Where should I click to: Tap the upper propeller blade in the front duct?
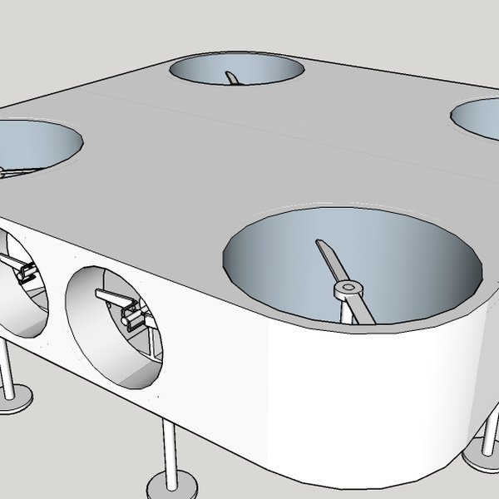[328, 260]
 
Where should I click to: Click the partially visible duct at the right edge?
[477, 119]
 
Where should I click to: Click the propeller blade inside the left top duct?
[12, 173]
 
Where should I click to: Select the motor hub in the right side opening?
[131, 316]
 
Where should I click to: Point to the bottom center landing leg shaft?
[170, 449]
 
